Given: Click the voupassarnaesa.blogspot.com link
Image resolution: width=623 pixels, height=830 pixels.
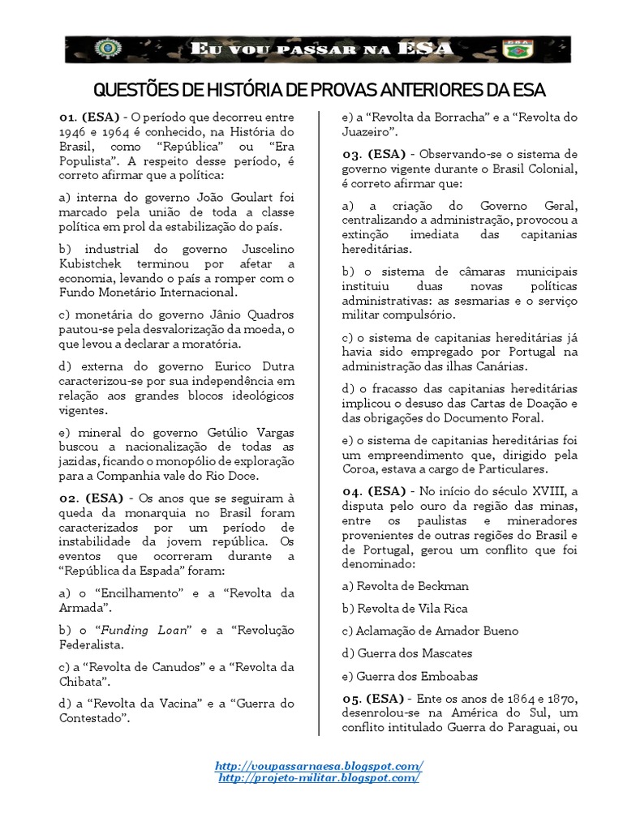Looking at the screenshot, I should [319, 765].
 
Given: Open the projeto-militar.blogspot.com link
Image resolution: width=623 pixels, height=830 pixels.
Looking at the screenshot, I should [319, 777].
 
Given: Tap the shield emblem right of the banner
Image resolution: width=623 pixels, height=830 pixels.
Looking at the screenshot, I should [513, 50].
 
